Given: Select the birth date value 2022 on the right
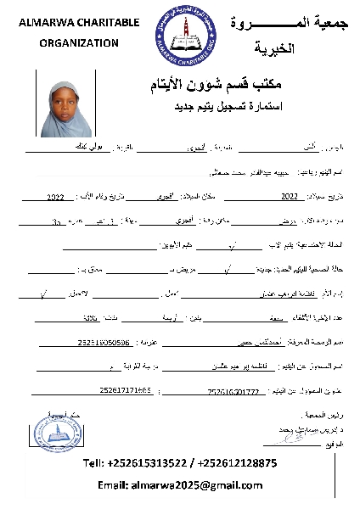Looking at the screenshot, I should (x=290, y=196).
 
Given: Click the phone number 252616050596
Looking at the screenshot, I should (x=103, y=344).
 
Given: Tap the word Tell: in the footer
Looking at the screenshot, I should (x=94, y=463).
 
